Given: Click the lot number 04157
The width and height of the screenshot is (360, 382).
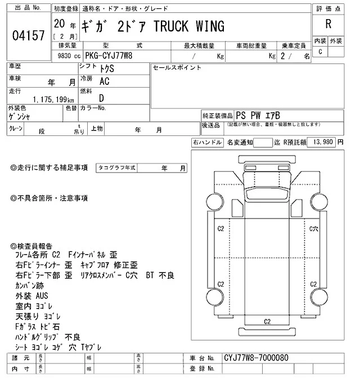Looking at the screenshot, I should pyautogui.click(x=28, y=37).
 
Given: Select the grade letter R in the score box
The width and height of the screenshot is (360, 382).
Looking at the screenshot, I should pyautogui.click(x=327, y=25).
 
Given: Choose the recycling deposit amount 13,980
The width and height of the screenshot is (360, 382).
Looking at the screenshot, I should pyautogui.click(x=322, y=143).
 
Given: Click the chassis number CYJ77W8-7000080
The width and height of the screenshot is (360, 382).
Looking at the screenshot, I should pyautogui.click(x=256, y=357).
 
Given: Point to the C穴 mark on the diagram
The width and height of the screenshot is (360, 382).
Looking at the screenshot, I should pyautogui.click(x=314, y=229).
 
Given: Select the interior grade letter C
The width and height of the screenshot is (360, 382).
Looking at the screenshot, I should pyautogui.click(x=320, y=52).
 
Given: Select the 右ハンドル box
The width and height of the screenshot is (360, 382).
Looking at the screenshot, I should pyautogui.click(x=206, y=143).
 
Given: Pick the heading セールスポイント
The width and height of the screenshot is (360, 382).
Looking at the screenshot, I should pyautogui.click(x=177, y=67).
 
